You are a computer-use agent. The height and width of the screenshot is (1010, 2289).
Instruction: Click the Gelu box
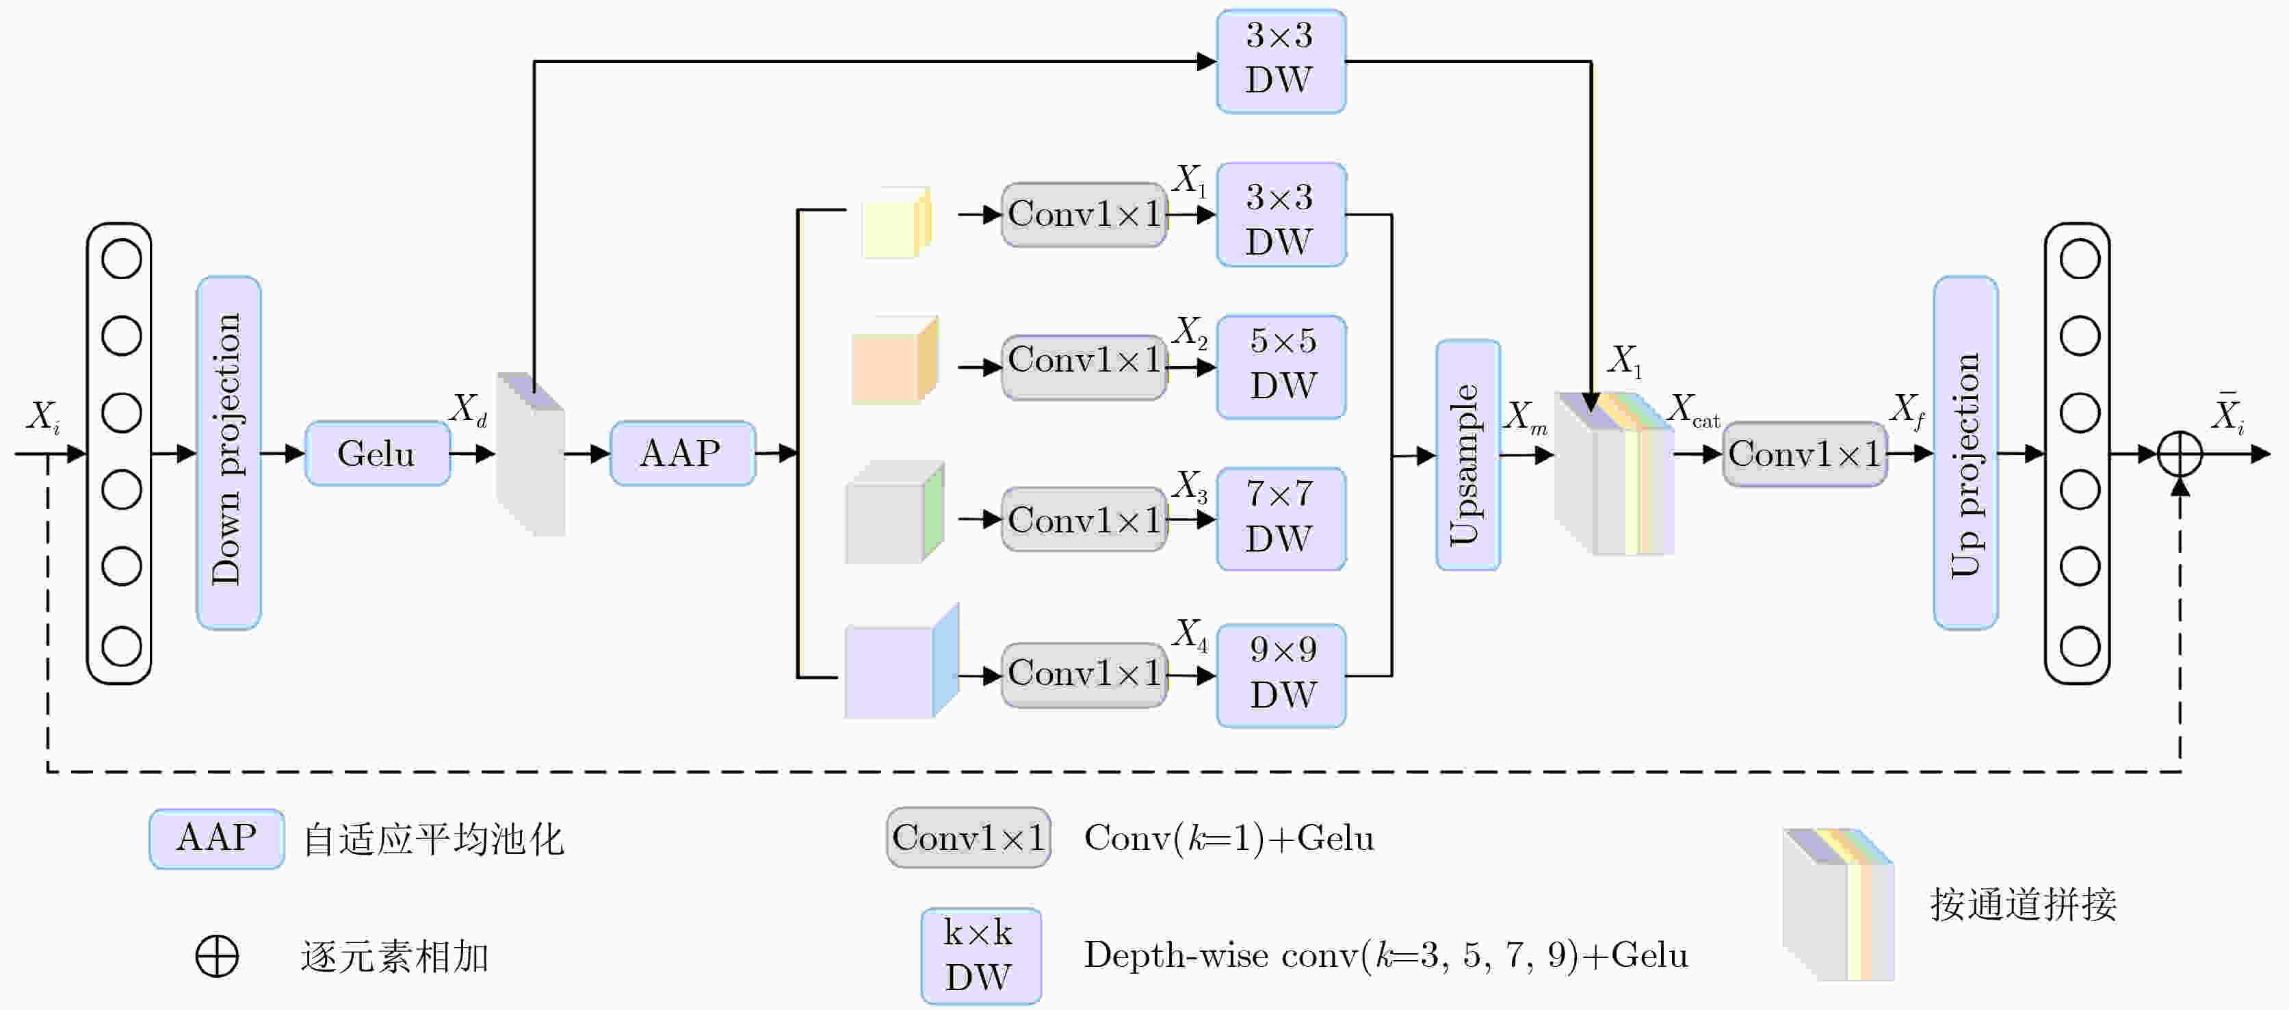[x=377, y=454]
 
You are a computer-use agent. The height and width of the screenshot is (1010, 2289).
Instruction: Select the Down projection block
[x=228, y=452]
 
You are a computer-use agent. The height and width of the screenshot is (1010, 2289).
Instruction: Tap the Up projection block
[x=1965, y=452]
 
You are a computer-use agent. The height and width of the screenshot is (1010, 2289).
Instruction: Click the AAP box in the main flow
[x=681, y=454]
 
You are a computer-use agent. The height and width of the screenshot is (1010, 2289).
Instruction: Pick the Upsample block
[x=1467, y=454]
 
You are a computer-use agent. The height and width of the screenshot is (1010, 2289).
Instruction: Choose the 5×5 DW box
[x=1281, y=366]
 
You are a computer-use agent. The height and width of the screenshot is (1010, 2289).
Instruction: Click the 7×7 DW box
[x=1281, y=518]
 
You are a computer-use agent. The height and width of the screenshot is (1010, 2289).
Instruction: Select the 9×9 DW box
[x=1281, y=675]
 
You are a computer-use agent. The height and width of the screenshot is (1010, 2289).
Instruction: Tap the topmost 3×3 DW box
[x=1281, y=60]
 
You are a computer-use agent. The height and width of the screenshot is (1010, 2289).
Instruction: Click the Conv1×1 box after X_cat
[x=1804, y=454]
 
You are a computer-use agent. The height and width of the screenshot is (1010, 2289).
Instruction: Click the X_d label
[x=469, y=411]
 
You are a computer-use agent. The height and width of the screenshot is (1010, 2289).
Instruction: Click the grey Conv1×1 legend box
[x=968, y=838]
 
